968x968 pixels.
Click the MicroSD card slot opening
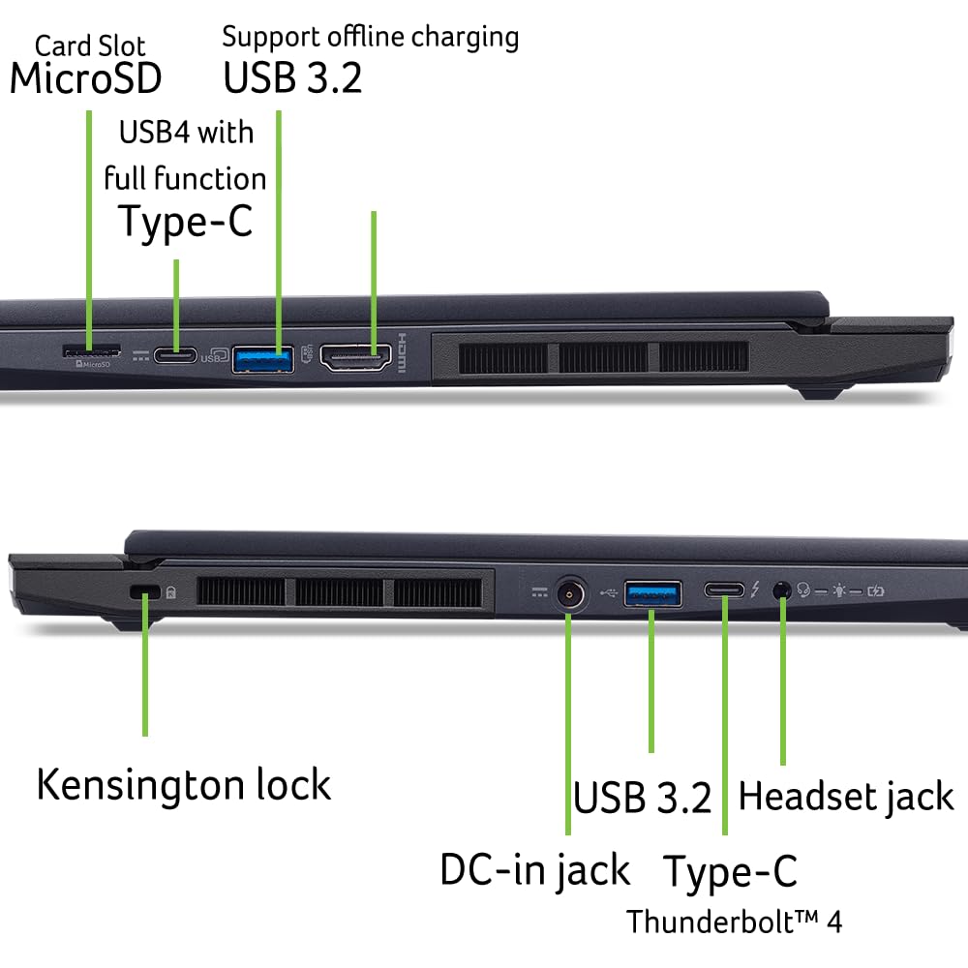click(x=91, y=352)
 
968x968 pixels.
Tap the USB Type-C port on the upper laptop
click(x=175, y=355)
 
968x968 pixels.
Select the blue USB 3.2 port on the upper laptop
click(x=263, y=360)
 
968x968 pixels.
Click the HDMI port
click(x=355, y=357)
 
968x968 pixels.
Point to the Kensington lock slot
click(x=145, y=591)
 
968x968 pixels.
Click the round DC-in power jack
click(x=569, y=594)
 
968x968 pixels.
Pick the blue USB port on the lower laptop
click(x=652, y=594)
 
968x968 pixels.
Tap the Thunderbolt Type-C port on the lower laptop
click(x=724, y=590)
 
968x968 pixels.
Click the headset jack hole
click(x=782, y=590)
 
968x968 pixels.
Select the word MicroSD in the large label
click(x=86, y=79)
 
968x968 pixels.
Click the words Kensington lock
click(x=184, y=785)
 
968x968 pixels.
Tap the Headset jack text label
click(x=846, y=797)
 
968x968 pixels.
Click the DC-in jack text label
click(x=535, y=871)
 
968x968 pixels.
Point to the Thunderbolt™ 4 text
click(x=735, y=922)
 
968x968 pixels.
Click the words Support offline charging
click(x=371, y=38)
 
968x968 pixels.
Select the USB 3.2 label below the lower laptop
click(x=642, y=797)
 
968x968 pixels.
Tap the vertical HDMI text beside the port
click(x=402, y=353)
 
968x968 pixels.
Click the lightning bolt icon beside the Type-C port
click(x=755, y=590)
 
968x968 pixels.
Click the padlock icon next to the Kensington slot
click(x=171, y=592)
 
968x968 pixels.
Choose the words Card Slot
click(x=90, y=46)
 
